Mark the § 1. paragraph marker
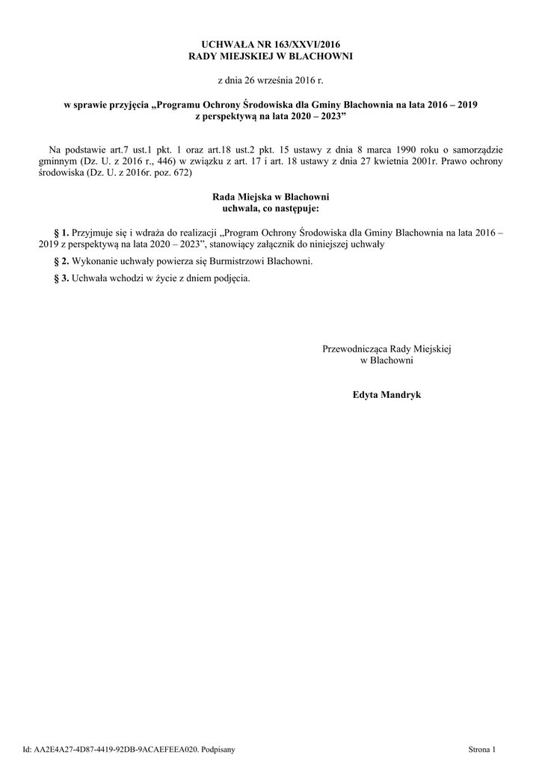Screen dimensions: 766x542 pyautogui.click(x=62, y=233)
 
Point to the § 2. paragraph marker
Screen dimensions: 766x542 pyautogui.click(x=62, y=261)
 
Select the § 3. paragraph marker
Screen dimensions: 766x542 pyautogui.click(x=62, y=278)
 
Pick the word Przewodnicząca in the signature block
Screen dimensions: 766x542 pyautogui.click(x=355, y=349)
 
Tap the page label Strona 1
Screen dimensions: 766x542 pyautogui.click(x=481, y=749)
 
